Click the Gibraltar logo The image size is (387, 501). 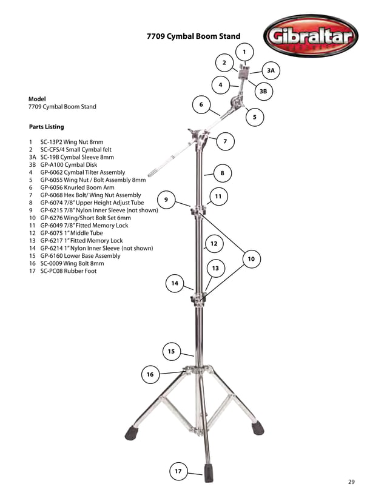[x=311, y=38]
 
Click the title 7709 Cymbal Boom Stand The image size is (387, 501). [x=193, y=36]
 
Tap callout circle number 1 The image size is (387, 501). [x=244, y=52]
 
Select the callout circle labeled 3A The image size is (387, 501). [x=271, y=71]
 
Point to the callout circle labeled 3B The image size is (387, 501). [x=263, y=92]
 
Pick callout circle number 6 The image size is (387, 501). [x=200, y=105]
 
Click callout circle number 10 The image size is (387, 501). [x=251, y=260]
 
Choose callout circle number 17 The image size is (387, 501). [x=178, y=471]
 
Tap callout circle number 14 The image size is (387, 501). [x=175, y=283]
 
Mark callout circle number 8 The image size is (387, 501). [x=223, y=173]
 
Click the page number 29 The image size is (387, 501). [x=351, y=482]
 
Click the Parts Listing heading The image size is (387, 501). [x=46, y=127]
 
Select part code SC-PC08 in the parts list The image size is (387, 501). [x=53, y=271]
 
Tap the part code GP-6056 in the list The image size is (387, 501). [x=54, y=187]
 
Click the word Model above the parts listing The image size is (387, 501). [x=38, y=98]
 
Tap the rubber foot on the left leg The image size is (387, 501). [x=132, y=433]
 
